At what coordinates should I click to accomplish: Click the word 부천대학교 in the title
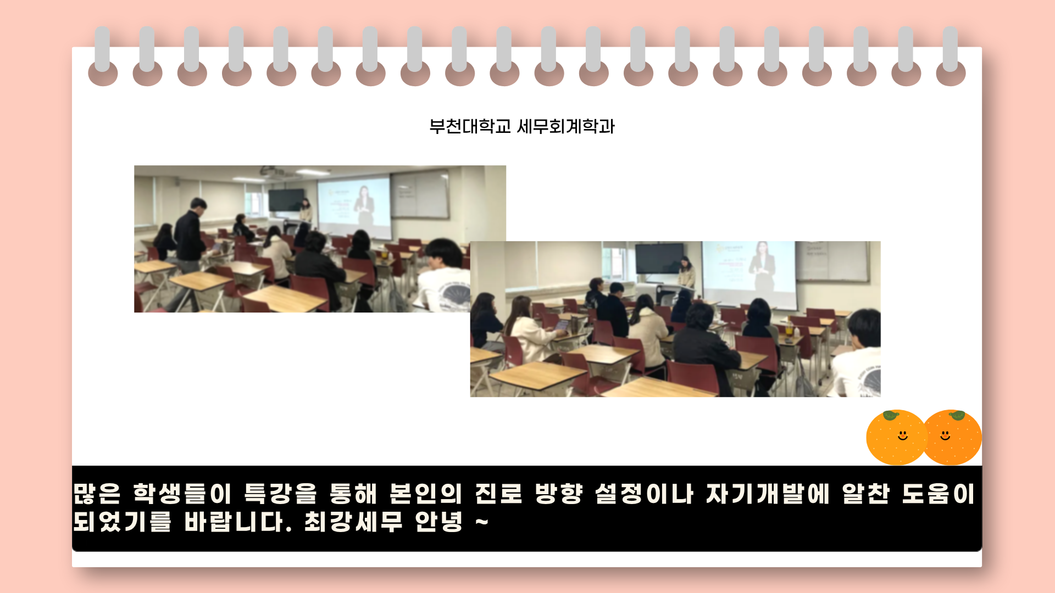click(470, 127)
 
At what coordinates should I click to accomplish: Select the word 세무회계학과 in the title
click(566, 127)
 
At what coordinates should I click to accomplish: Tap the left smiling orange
click(896, 437)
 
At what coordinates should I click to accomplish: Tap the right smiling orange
click(953, 437)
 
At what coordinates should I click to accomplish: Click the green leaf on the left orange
click(891, 415)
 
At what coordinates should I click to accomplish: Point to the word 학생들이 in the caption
click(182, 493)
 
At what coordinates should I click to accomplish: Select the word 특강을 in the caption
click(281, 493)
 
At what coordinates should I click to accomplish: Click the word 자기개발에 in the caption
click(768, 493)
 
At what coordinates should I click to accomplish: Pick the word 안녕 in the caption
click(439, 522)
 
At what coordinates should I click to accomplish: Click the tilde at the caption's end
click(482, 522)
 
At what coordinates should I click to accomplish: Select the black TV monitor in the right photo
click(659, 258)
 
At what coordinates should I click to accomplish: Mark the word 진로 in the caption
click(498, 493)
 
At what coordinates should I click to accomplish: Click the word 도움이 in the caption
click(939, 493)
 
